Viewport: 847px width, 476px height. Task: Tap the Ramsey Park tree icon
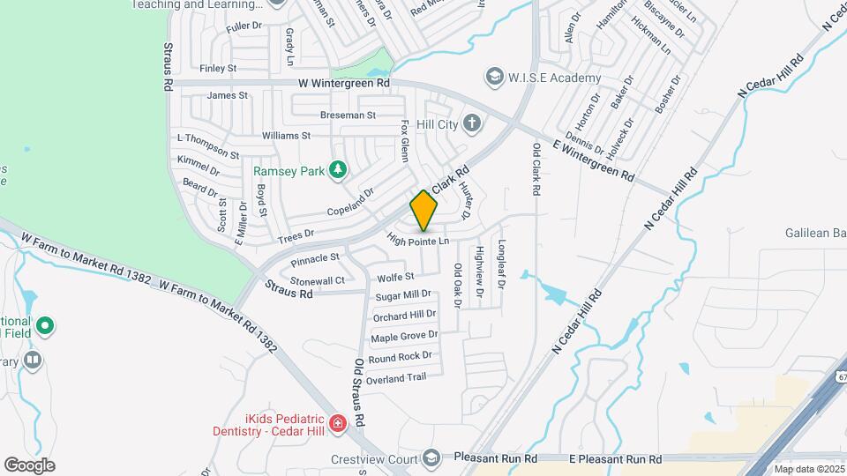click(336, 170)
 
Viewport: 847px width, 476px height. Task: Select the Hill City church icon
click(472, 123)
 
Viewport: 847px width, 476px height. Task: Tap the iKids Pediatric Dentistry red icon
click(337, 425)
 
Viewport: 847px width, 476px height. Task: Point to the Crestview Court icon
click(431, 457)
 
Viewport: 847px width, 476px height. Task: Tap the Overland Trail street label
click(397, 378)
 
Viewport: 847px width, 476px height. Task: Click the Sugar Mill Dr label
click(403, 294)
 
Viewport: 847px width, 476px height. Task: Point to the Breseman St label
click(348, 115)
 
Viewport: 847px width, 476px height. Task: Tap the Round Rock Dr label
click(401, 357)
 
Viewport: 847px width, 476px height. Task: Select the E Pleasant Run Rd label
click(615, 459)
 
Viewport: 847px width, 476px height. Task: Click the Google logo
click(29, 465)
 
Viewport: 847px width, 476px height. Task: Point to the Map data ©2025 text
click(809, 469)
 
